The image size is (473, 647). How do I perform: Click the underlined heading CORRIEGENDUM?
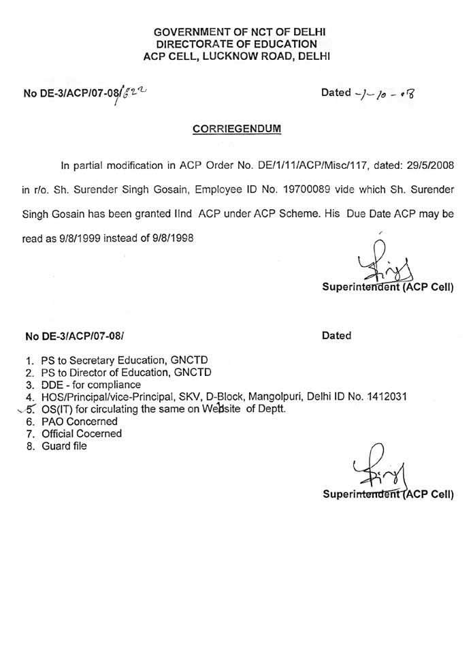(x=236, y=128)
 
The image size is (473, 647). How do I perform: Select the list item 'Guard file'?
(x=63, y=446)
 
